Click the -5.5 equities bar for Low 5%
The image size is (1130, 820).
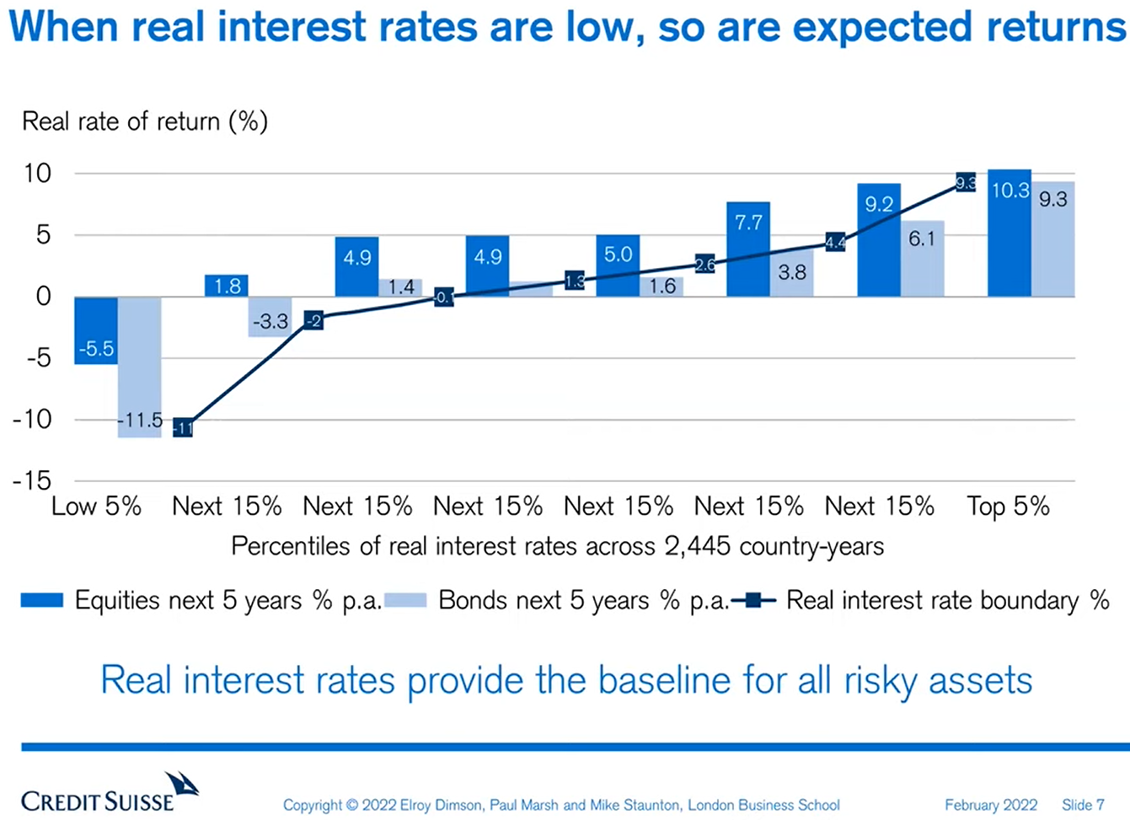coord(96,330)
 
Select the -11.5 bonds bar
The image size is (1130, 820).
coord(140,367)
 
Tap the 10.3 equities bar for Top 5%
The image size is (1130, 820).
coord(1010,233)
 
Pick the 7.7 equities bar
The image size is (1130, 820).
coord(748,249)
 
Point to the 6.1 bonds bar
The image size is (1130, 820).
coord(922,259)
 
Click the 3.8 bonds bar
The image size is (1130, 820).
coord(792,273)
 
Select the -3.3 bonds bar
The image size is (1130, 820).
coord(270,317)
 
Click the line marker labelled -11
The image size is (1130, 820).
coord(183,427)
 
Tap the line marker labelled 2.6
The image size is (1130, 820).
coord(705,265)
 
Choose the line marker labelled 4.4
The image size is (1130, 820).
coord(835,243)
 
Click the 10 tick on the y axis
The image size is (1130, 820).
coord(38,174)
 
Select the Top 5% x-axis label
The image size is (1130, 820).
coord(1008,506)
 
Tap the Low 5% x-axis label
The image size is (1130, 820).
coord(96,506)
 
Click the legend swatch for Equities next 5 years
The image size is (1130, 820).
coord(42,601)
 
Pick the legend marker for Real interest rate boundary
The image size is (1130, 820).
coord(753,601)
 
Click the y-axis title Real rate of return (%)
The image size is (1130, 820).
coord(145,121)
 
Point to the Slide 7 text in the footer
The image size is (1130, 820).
coord(1083,805)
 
